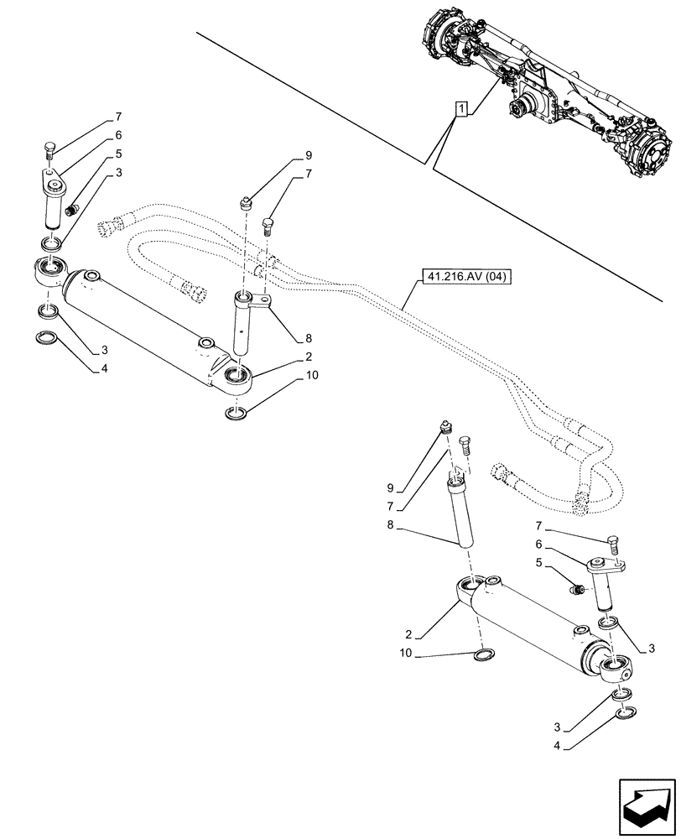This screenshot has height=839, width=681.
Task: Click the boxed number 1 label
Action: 461,108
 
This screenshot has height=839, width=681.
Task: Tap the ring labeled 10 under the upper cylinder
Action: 237,412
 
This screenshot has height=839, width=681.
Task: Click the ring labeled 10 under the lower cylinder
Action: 484,655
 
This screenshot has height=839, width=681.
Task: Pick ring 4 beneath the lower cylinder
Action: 622,713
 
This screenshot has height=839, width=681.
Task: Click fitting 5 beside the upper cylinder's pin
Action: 73,208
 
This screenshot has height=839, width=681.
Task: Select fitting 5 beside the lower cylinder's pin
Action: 576,591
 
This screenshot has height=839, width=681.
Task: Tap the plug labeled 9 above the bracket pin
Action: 247,201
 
